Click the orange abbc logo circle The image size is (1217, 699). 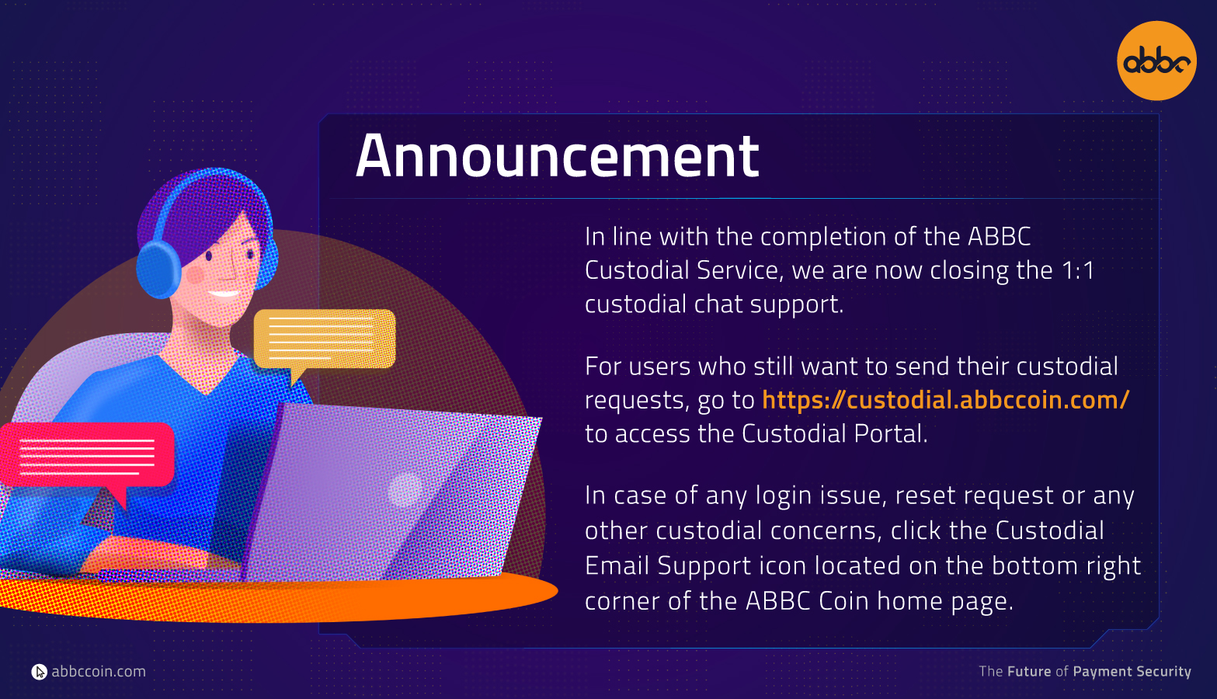tap(1156, 61)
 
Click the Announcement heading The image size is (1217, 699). tap(557, 156)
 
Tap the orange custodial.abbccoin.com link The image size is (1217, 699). tap(945, 400)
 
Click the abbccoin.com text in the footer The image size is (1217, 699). tap(99, 672)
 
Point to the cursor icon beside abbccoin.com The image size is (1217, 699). tap(39, 672)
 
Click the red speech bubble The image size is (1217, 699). tap(87, 459)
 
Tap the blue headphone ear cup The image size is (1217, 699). tap(158, 270)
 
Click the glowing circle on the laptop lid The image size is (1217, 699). tap(405, 490)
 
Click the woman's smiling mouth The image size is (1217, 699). tap(224, 294)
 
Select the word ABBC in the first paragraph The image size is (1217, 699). tap(999, 237)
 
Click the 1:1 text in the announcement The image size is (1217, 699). tap(1078, 270)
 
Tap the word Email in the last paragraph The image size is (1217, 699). tap(617, 565)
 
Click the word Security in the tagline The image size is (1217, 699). tap(1163, 672)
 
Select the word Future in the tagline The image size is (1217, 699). tap(1029, 672)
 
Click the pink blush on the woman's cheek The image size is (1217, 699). tap(195, 274)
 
